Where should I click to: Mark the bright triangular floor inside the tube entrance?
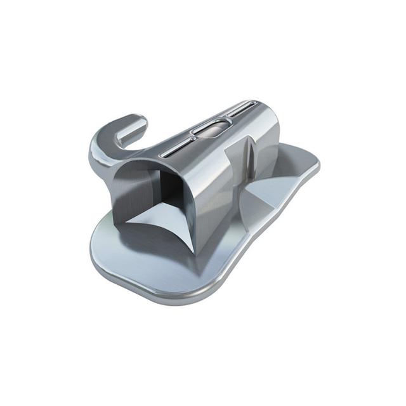(159, 222)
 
